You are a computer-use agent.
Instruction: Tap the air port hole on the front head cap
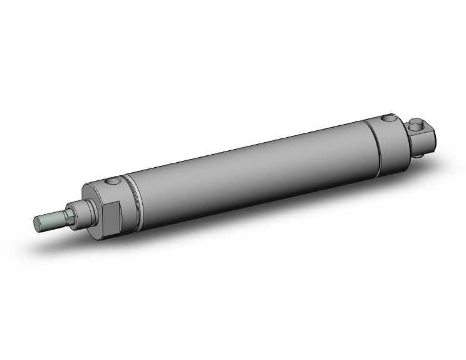[113, 182]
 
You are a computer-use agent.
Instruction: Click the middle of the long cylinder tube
[251, 169]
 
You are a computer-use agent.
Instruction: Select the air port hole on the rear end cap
[390, 117]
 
